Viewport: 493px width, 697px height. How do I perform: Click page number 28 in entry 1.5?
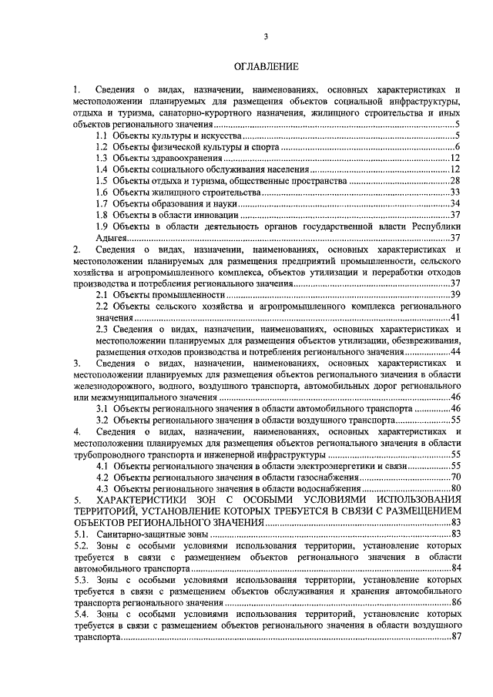(x=454, y=180)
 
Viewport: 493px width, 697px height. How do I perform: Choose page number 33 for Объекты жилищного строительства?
(x=454, y=192)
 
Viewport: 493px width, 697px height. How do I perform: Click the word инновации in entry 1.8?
(x=206, y=214)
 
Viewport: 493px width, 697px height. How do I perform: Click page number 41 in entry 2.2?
(x=454, y=317)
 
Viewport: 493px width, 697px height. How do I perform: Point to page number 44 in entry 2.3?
(x=454, y=351)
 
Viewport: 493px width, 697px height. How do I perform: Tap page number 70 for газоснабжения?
(x=454, y=477)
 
